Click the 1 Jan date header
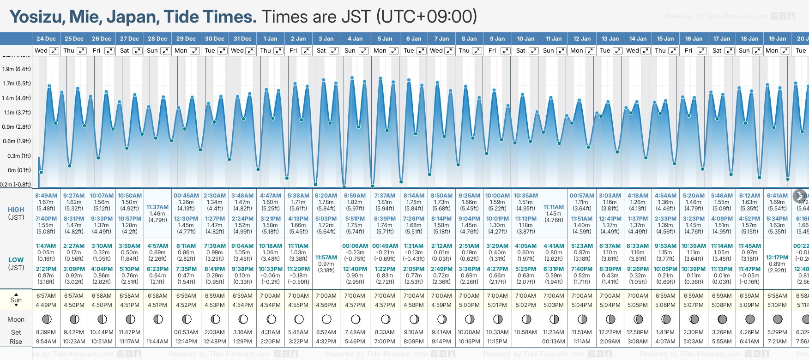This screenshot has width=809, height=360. click(x=270, y=39)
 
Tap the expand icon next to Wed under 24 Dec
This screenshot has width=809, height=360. click(x=54, y=51)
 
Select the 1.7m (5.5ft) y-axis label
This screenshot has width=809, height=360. click(x=17, y=84)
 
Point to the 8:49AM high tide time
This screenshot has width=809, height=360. click(x=46, y=196)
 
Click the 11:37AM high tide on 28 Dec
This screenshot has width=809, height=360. click(x=157, y=207)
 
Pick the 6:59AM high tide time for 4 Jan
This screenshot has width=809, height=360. click(x=355, y=196)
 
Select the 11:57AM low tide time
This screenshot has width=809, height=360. click(x=326, y=258)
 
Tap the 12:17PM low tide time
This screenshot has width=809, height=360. click(x=777, y=258)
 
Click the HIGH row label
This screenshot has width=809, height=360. click(x=16, y=210)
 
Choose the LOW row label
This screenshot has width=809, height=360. click(x=16, y=260)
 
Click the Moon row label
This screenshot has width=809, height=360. click(x=16, y=319)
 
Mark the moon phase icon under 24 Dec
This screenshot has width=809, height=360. click(x=46, y=319)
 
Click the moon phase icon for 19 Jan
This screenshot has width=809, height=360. click(x=778, y=319)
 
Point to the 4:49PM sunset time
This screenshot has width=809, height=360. click(x=46, y=305)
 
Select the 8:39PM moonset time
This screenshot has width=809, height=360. click(x=46, y=332)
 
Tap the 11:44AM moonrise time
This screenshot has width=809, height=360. click(x=157, y=342)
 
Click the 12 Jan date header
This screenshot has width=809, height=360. click(x=582, y=39)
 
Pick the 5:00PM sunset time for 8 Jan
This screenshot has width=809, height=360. click(x=469, y=305)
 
